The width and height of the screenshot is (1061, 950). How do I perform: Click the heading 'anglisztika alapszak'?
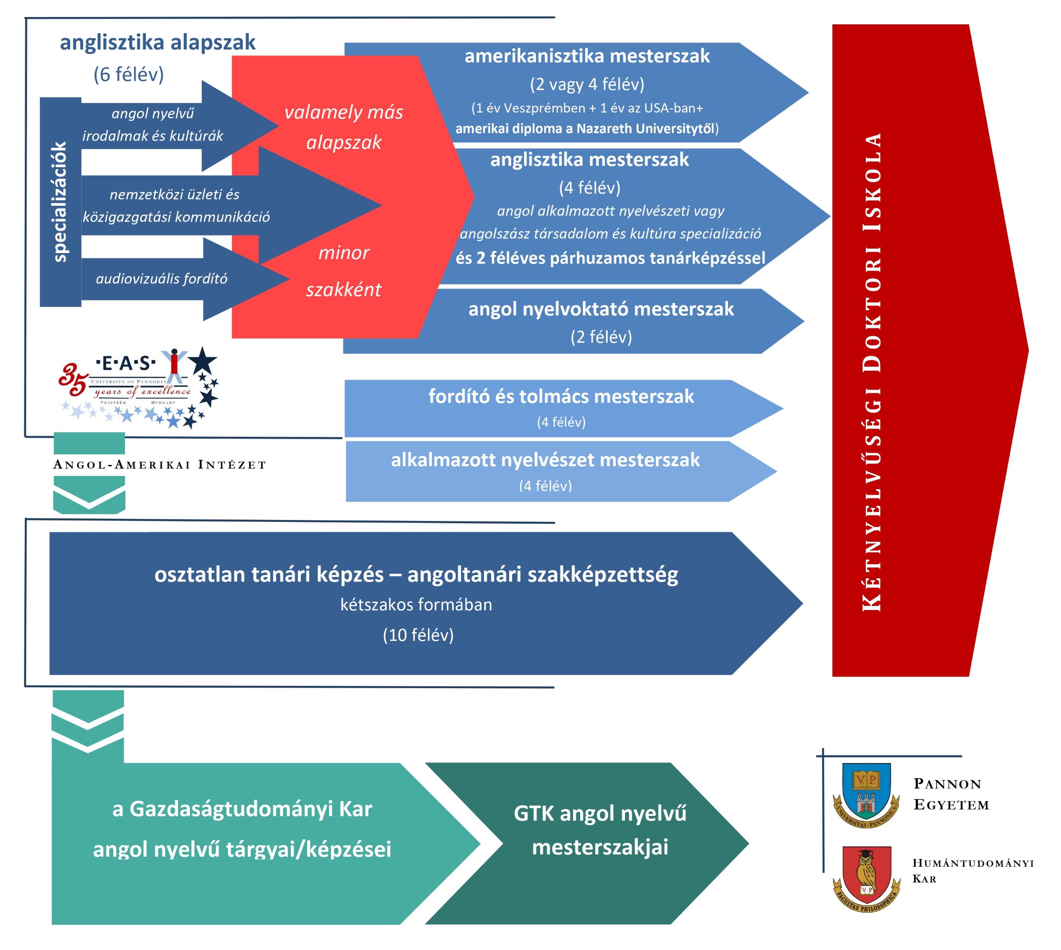coord(157,42)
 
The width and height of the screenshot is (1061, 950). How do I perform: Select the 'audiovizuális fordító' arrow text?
coord(161,279)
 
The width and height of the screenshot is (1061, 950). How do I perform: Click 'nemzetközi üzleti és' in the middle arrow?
coord(175,195)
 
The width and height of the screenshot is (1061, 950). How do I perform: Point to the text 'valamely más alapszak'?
coord(344,127)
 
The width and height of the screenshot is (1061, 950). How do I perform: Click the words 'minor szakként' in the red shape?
coord(344,271)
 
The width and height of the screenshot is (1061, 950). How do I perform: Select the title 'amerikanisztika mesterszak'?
coord(587,56)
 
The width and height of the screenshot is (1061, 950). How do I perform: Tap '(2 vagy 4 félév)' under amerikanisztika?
coord(587,84)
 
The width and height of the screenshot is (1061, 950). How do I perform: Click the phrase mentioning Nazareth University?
coord(587,129)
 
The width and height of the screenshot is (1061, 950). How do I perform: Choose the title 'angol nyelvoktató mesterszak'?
coord(601,309)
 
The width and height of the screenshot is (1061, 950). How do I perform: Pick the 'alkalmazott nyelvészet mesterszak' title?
coord(545,460)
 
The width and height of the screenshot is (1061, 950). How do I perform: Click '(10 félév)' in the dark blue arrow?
coord(418,635)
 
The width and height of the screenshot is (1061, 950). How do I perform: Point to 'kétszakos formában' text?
coord(416,605)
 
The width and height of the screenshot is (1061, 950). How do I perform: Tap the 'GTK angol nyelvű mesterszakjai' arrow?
coord(600,830)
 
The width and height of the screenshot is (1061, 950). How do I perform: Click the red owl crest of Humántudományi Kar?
coord(866,878)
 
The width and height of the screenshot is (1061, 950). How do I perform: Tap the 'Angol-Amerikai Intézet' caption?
coord(160,464)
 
